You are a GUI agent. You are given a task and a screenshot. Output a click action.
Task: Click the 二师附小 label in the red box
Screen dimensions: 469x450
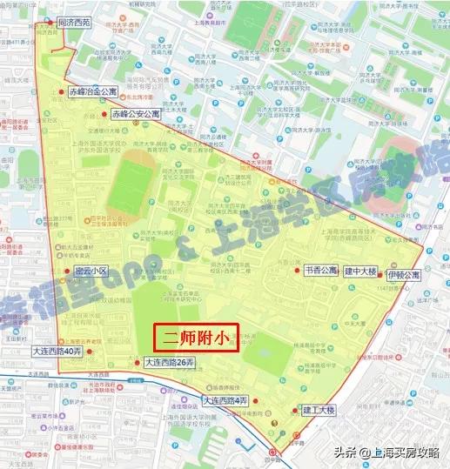[196, 338]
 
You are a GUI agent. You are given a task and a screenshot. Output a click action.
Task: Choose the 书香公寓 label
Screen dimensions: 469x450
[320, 271]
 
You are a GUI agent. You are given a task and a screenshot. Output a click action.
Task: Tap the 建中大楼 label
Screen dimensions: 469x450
[359, 271]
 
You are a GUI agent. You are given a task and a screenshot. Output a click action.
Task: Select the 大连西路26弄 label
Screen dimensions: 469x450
[171, 362]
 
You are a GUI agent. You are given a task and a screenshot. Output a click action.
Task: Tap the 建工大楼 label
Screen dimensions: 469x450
[319, 409]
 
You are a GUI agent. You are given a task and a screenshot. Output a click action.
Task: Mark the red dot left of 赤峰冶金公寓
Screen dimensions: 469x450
[61, 91]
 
